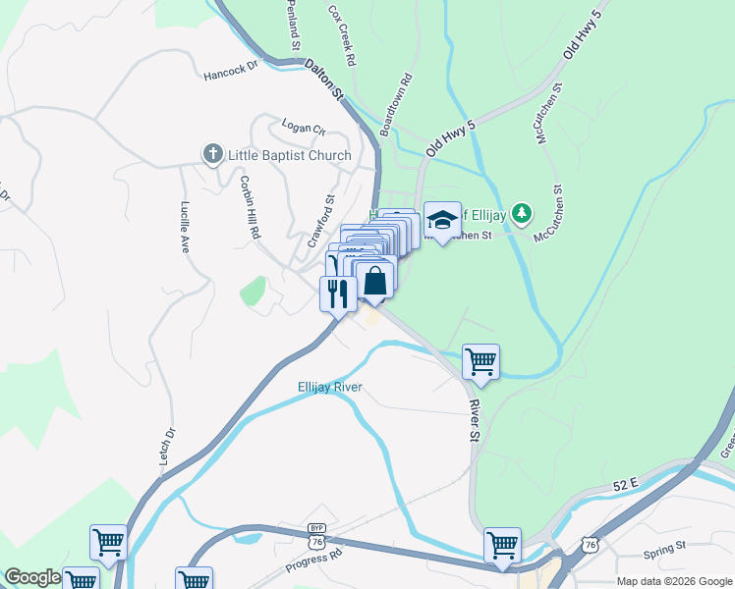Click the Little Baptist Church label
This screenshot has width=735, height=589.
(289, 155)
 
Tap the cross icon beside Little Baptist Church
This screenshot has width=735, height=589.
(211, 154)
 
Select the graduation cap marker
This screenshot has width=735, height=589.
(442, 222)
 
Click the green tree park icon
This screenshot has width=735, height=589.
(524, 212)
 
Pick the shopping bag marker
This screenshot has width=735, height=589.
(375, 281)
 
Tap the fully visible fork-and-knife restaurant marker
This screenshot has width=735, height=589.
(338, 294)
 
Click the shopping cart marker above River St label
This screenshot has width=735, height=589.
(481, 362)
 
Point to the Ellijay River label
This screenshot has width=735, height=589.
(330, 387)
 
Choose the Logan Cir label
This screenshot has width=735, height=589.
(303, 128)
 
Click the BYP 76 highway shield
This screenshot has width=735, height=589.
(315, 537)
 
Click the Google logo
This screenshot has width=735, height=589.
(32, 577)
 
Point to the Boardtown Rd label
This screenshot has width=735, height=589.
(395, 103)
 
